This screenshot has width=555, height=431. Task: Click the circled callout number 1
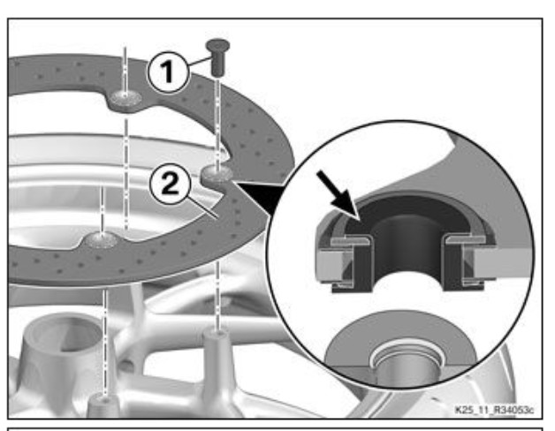pyautogui.click(x=168, y=72)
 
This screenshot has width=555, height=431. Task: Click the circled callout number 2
pyautogui.click(x=171, y=184)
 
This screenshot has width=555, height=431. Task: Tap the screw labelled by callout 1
pyautogui.click(x=218, y=56)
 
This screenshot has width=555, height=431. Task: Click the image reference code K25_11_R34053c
pyautogui.click(x=494, y=410)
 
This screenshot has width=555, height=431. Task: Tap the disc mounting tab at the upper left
pyautogui.click(x=125, y=99)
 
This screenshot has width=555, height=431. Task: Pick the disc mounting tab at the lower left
pyautogui.click(x=100, y=239)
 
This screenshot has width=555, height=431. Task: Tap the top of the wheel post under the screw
pyautogui.click(x=217, y=334)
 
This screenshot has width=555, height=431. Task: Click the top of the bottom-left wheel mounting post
pyautogui.click(x=104, y=400)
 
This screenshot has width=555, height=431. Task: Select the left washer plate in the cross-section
pyautogui.click(x=351, y=240)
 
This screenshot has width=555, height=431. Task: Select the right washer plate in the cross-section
pyautogui.click(x=467, y=239)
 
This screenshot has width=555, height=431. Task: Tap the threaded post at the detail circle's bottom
pyautogui.click(x=407, y=365)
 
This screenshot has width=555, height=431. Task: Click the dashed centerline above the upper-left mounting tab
pyautogui.click(x=125, y=70)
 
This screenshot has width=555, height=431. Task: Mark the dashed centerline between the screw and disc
pyautogui.click(x=217, y=120)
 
